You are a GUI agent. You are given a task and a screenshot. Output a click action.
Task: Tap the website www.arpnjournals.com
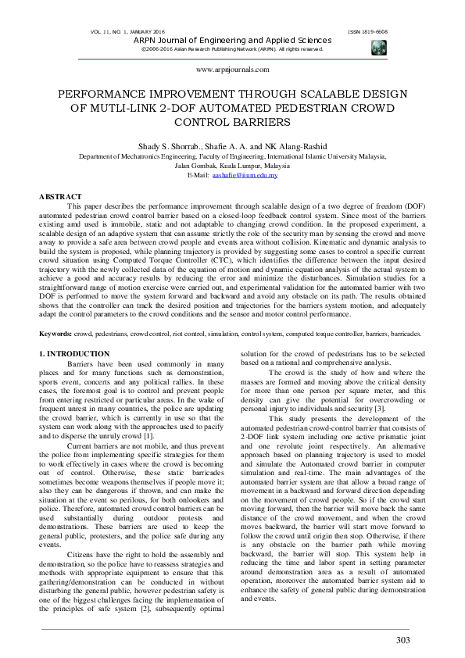232,70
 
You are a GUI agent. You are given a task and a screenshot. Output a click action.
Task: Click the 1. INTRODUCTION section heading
74,355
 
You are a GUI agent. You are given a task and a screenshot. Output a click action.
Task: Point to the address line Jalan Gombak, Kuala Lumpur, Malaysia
232,166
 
